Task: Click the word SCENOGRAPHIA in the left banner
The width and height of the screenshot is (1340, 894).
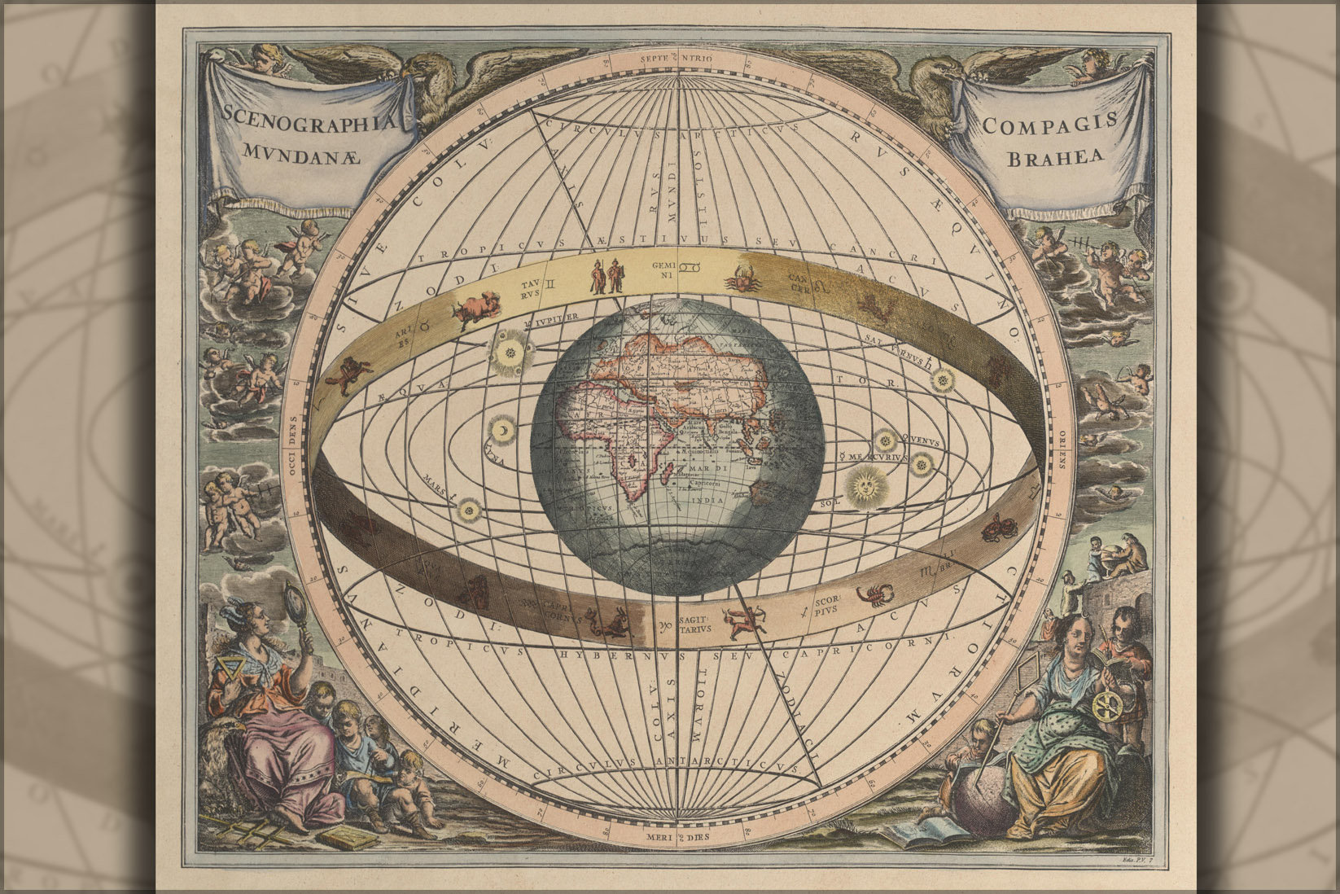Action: click(303, 122)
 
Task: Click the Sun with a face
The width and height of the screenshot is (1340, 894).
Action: click(862, 486)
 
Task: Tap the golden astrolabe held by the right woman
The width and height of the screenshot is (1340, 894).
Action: click(1108, 703)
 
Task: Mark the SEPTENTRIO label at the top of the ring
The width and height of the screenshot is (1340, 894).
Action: click(677, 59)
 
